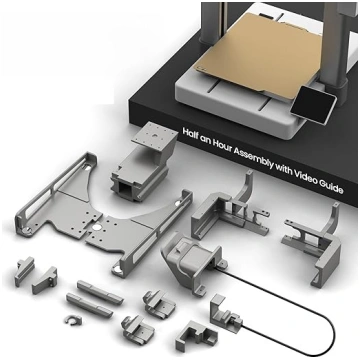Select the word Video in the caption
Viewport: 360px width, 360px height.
[x=305, y=178]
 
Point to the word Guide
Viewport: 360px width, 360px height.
[x=331, y=188]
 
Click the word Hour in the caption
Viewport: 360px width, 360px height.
[x=221, y=146]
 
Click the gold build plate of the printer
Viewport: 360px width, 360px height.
[x=257, y=53]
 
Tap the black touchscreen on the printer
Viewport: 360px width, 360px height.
[x=313, y=104]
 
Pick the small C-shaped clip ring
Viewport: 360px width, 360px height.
[x=74, y=320]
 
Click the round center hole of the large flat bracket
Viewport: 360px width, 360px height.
[x=96, y=228]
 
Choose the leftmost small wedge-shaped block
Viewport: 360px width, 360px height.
[x=24, y=271]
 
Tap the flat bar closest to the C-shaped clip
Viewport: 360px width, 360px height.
[x=89, y=305]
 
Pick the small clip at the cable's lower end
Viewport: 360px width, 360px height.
[x=226, y=314]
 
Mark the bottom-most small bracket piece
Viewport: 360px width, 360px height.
[x=194, y=336]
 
